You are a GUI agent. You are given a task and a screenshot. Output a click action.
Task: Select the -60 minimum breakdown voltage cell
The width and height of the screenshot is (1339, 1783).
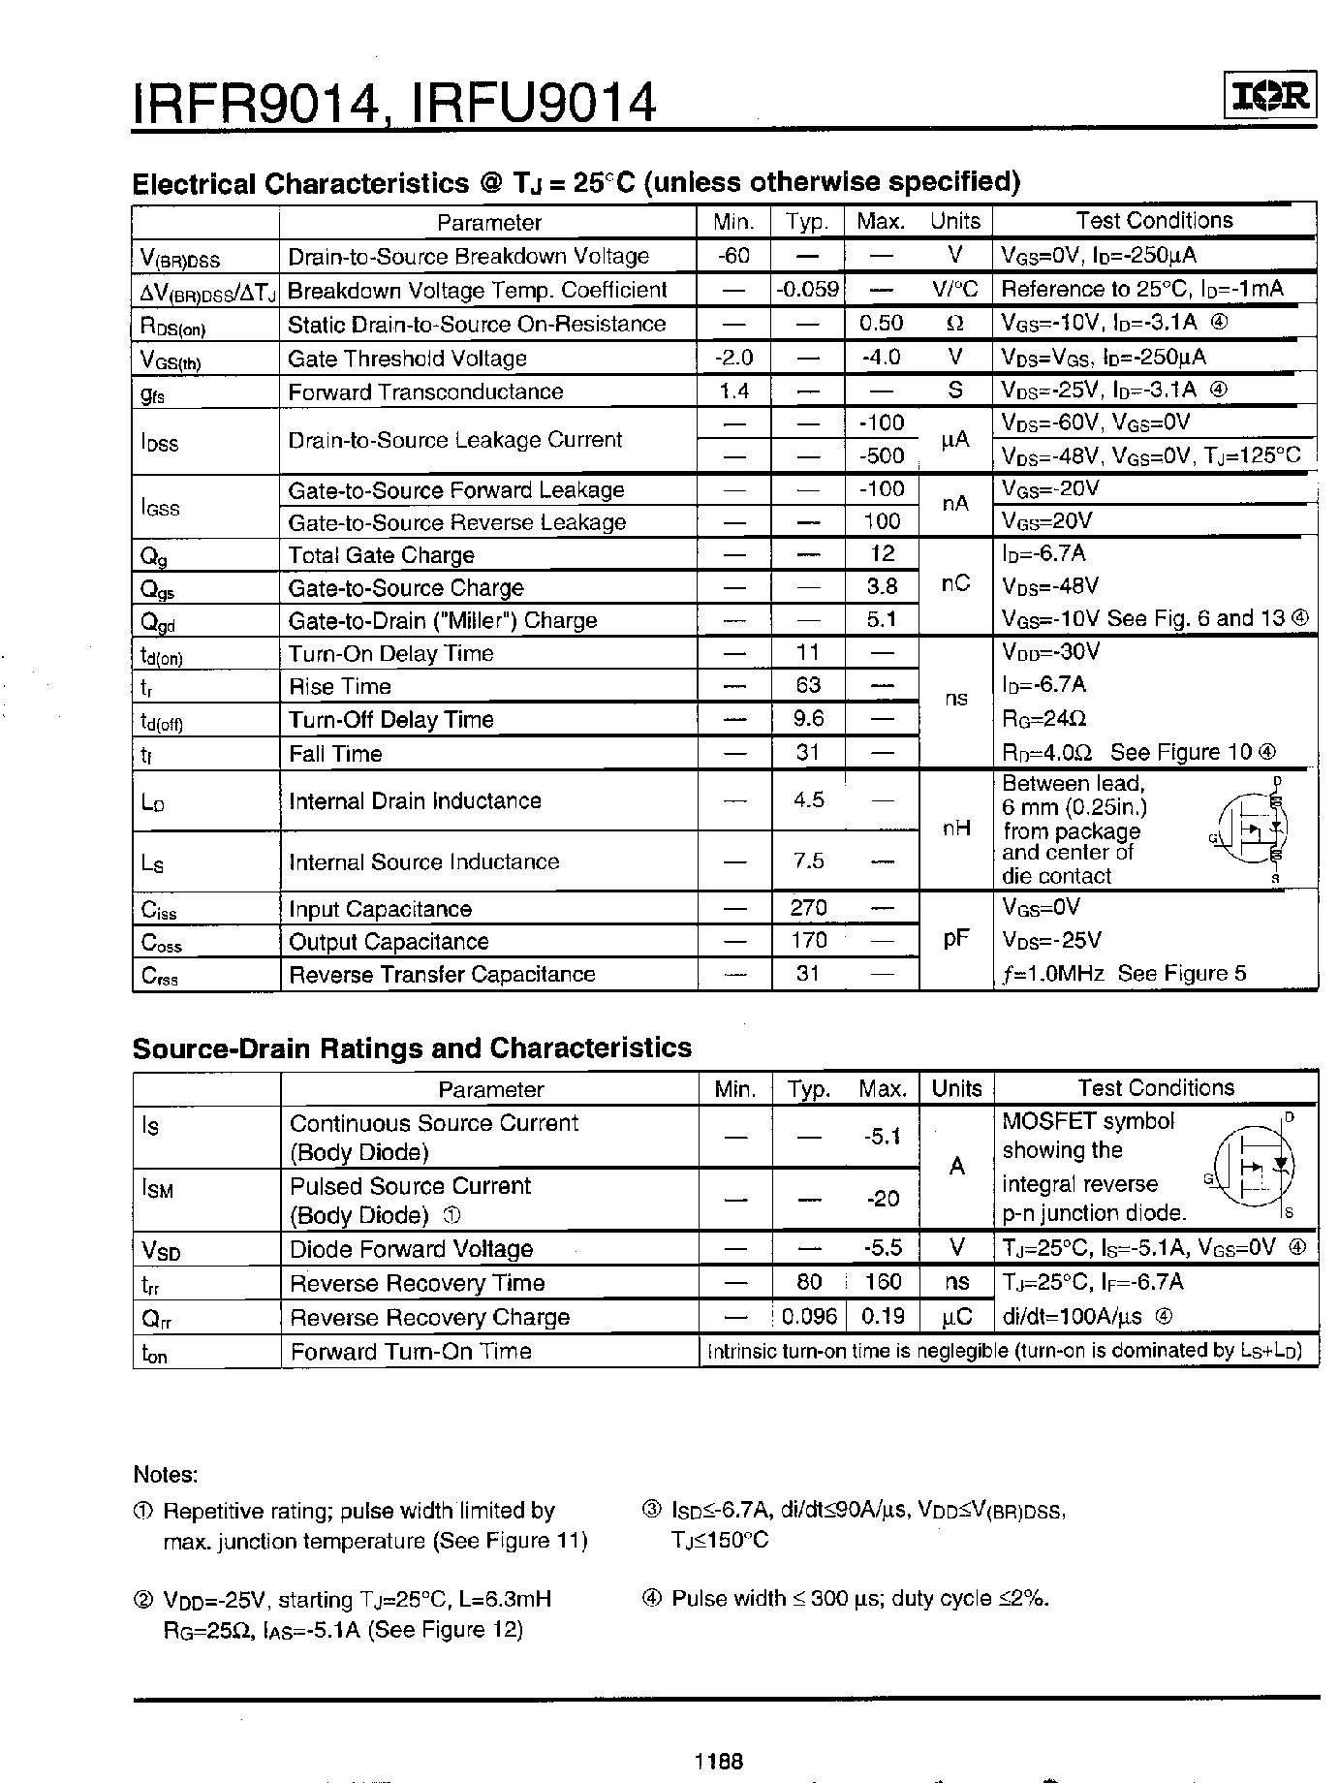click(733, 256)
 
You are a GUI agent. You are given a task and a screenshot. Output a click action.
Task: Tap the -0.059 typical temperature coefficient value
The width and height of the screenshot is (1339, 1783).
click(808, 290)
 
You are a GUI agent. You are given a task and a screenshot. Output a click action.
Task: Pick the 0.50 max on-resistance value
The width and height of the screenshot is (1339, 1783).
click(881, 324)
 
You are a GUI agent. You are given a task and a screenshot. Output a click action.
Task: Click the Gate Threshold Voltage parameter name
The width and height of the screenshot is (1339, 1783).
click(407, 359)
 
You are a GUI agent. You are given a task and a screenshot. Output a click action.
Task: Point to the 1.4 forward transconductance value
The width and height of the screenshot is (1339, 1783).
click(733, 391)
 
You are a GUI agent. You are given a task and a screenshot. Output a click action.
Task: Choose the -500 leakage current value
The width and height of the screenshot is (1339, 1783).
click(881, 455)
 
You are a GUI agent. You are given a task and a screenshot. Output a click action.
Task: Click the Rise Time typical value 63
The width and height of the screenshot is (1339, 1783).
click(808, 686)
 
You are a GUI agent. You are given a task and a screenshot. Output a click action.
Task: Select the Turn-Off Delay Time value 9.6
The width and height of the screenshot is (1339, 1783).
click(808, 719)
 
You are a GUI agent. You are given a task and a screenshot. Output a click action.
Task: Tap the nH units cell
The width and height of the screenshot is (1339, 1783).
click(955, 829)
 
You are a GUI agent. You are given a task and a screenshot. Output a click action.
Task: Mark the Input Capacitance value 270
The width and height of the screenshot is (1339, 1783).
click(808, 908)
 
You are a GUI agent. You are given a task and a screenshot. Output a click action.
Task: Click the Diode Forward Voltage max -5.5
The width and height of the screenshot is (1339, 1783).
click(883, 1249)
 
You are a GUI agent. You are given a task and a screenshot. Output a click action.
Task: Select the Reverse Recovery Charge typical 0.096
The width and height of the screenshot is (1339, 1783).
click(809, 1317)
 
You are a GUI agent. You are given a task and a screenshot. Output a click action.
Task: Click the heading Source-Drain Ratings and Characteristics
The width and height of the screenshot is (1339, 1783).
click(412, 1048)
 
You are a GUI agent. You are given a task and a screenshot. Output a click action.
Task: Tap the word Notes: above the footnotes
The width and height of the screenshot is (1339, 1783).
click(165, 1475)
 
